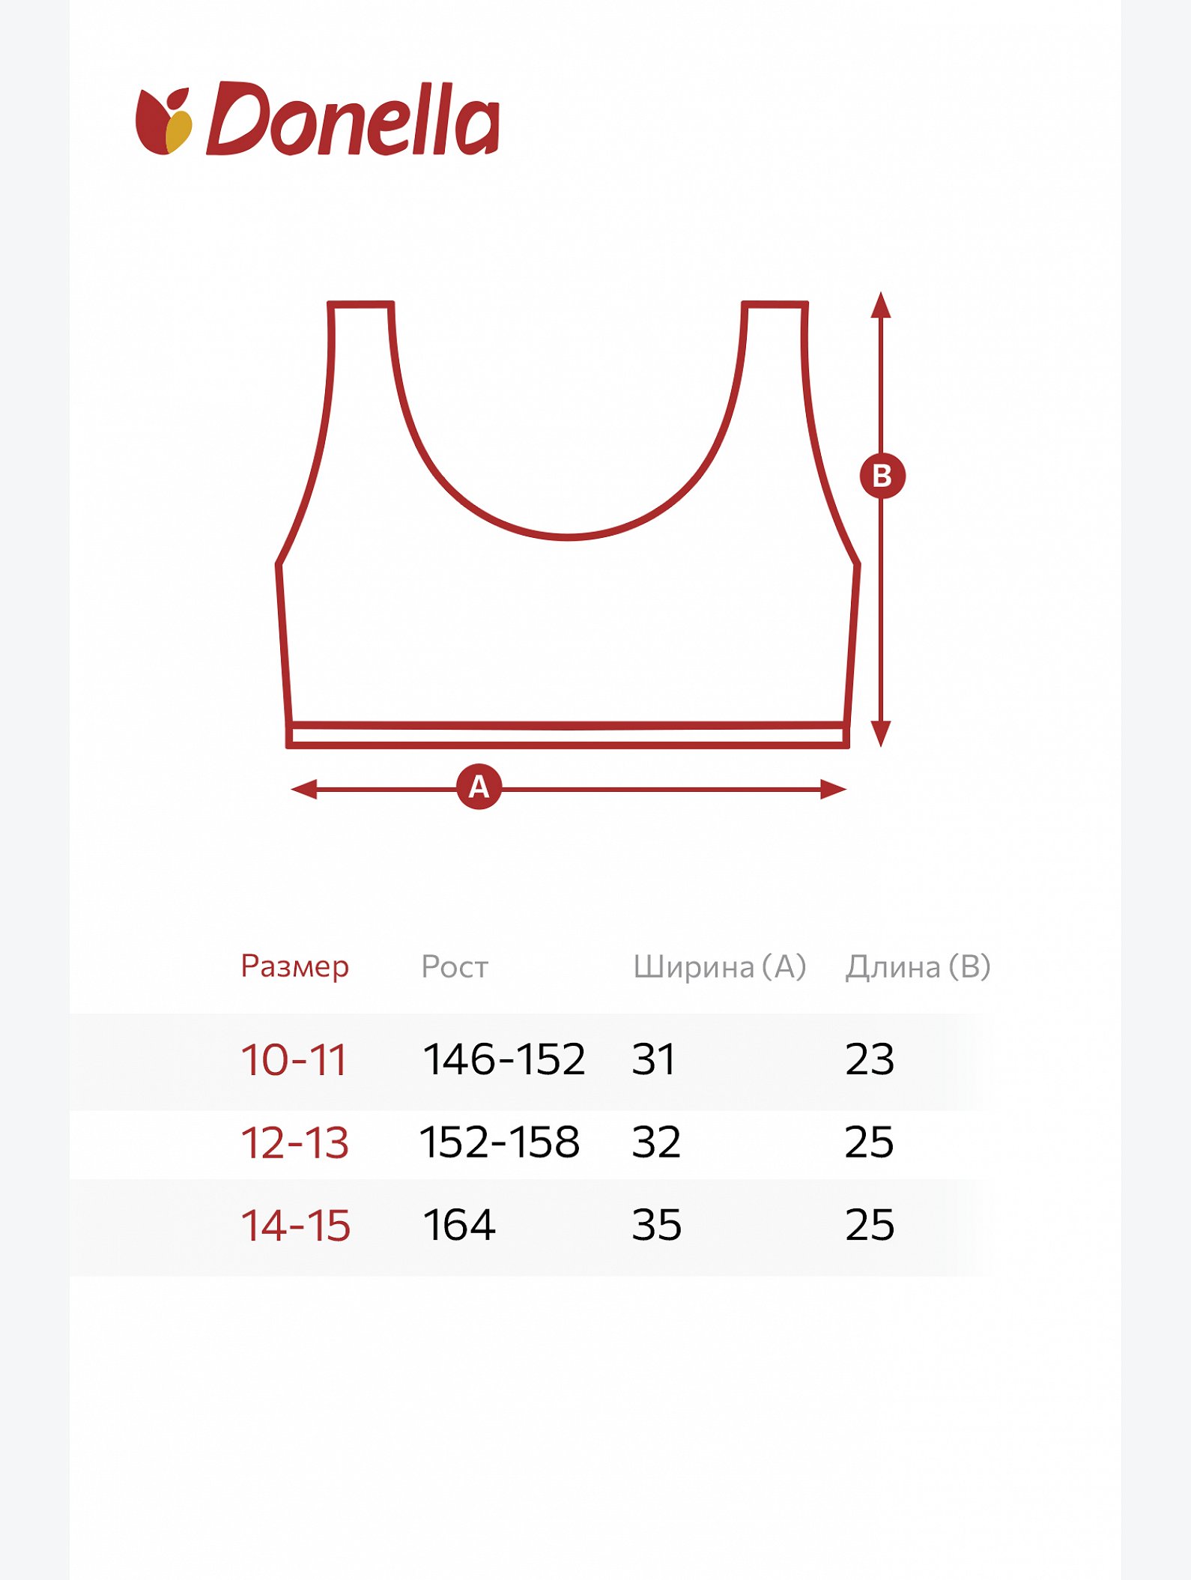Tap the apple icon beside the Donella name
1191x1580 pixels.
(163, 121)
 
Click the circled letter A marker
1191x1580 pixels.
(479, 787)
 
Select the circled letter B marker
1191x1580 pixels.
(882, 476)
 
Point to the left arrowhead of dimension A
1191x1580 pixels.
(303, 789)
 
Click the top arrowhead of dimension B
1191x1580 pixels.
(881, 304)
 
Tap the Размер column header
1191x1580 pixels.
(294, 966)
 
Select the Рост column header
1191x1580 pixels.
(455, 966)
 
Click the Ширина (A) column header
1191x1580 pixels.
(719, 966)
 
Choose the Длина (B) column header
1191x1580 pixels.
(918, 966)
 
